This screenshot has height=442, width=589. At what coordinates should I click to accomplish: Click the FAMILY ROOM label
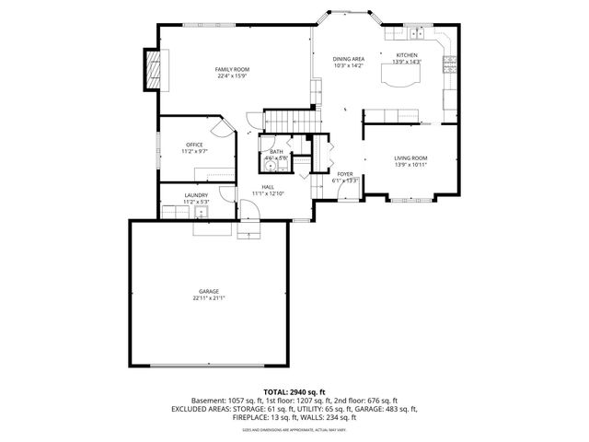point(232,69)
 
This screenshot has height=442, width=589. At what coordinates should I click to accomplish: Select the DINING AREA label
point(349,59)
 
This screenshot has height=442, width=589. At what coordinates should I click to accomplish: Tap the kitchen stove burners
point(450,64)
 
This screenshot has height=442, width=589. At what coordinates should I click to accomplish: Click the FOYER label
point(344,173)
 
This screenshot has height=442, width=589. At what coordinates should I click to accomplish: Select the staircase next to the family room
point(283,120)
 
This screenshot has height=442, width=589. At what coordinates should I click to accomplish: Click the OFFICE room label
point(194,145)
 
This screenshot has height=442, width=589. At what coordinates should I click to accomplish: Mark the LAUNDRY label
point(195,194)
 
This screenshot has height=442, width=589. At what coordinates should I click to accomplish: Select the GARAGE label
point(208,291)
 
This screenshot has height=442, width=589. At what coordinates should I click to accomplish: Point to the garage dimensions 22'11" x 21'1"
point(209,298)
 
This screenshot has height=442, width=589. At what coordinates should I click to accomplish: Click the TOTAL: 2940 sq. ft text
point(294,391)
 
